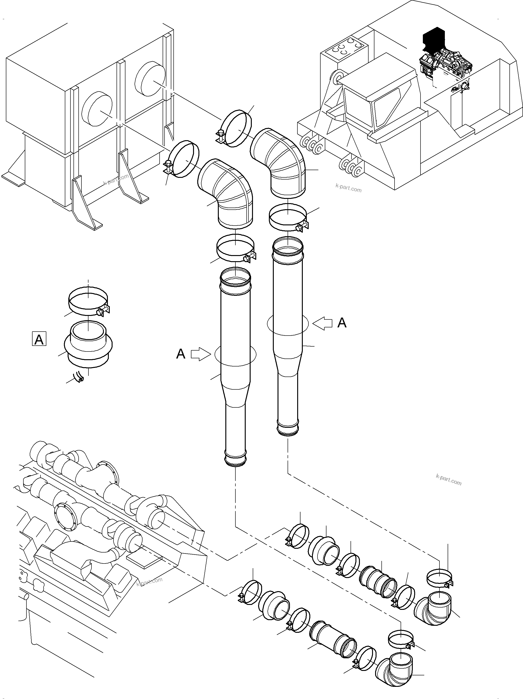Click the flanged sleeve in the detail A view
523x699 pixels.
[88, 345]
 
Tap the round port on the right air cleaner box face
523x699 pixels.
[150, 78]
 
